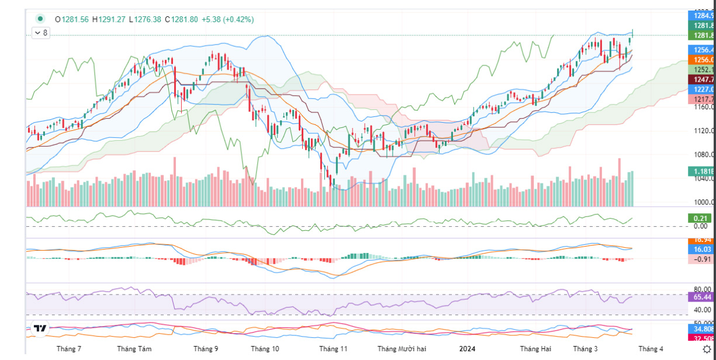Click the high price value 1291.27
[x=111, y=19]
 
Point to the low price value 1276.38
[x=148, y=19]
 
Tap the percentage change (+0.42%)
[x=237, y=19]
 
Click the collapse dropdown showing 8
[x=41, y=33]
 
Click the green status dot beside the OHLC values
[x=40, y=19]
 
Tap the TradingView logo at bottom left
[x=40, y=329]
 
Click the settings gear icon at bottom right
[x=706, y=349]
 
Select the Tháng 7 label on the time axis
[x=69, y=349]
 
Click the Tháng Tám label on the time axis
[x=134, y=349]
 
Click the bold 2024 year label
[x=467, y=349]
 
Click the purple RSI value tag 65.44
[x=701, y=297]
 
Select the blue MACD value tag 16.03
[x=701, y=249]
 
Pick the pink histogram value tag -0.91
[x=701, y=259]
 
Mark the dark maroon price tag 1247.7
[x=701, y=79]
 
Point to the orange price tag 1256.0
[x=701, y=60]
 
